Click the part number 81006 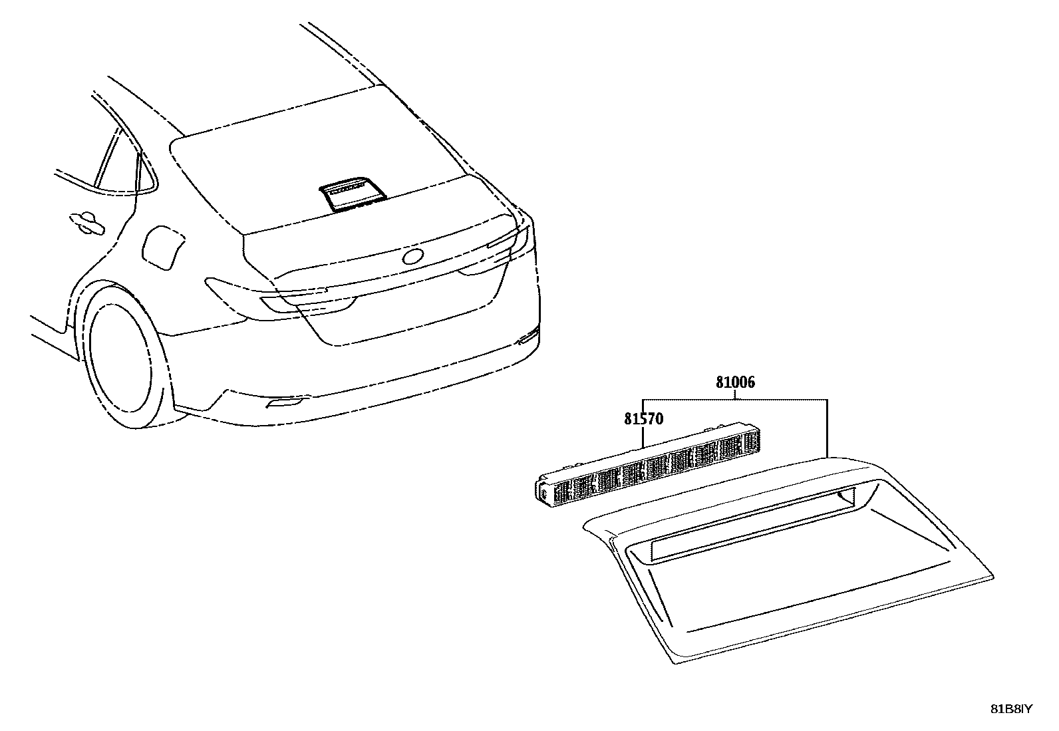coord(735,382)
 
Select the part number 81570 coord(643,419)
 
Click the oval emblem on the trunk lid coord(413,256)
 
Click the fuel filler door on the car coord(163,248)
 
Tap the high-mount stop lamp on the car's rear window coord(353,194)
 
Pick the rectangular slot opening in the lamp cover coord(752,525)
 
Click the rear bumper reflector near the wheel coord(285,402)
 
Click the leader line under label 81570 coord(643,436)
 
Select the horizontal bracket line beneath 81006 coord(735,400)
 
